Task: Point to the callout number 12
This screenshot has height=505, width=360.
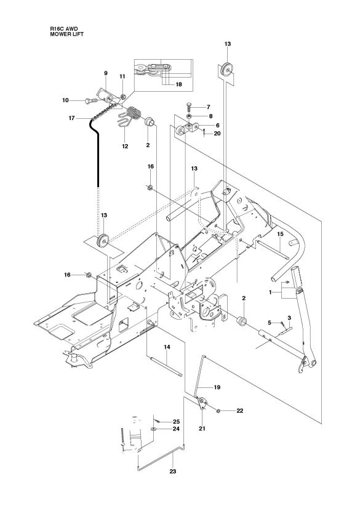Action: pos(125,147)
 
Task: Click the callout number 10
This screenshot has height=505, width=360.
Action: pos(66,100)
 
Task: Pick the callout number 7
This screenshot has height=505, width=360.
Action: pos(209,107)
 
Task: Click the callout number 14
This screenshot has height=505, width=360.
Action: pos(166,348)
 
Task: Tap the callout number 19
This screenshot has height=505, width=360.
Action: pos(217,387)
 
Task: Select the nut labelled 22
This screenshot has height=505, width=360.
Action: pos(220,409)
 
